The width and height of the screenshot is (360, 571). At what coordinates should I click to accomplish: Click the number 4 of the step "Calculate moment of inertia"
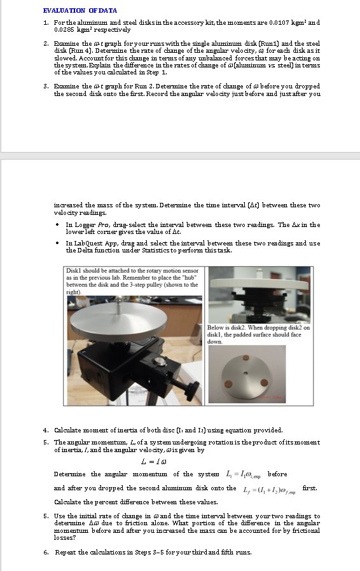point(45,430)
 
